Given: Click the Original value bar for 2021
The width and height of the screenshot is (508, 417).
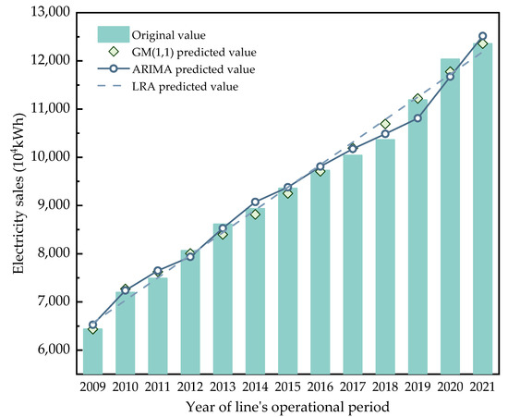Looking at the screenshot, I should pyautogui.click(x=482, y=203).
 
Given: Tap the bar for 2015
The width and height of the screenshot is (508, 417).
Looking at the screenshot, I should pyautogui.click(x=287, y=277).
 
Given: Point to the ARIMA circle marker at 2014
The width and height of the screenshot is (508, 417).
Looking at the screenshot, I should pyautogui.click(x=255, y=202).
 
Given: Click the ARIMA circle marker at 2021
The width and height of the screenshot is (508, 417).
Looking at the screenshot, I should pyautogui.click(x=482, y=37).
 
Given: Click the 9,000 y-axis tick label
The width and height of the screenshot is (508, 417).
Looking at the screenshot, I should pyautogui.click(x=54, y=205).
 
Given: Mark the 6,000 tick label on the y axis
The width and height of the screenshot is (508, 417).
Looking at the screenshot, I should pyautogui.click(x=54, y=350).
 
